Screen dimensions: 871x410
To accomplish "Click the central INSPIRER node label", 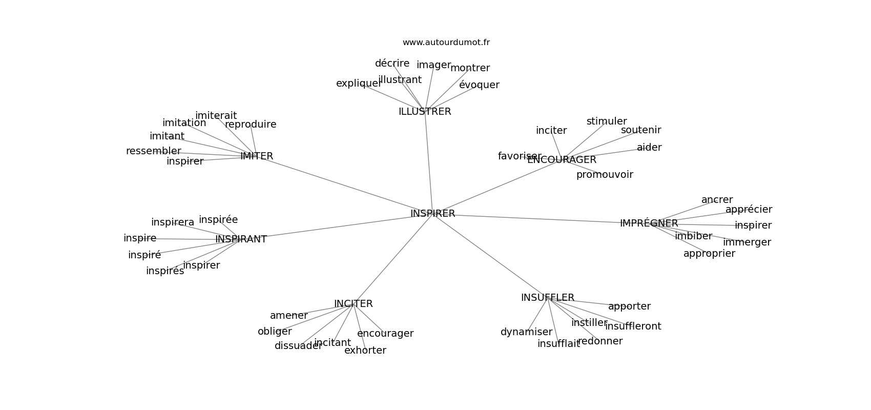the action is (x=432, y=214).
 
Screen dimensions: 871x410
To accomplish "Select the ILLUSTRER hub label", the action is (x=425, y=112).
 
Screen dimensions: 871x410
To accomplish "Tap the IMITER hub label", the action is (x=257, y=156).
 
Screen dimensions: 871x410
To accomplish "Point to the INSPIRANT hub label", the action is (x=241, y=239).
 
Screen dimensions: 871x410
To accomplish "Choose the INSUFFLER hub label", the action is (x=548, y=298).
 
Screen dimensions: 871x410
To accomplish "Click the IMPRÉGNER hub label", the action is (x=649, y=223).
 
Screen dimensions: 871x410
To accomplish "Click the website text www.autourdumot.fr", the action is (x=446, y=43).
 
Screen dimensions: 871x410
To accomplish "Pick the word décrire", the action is (x=392, y=63).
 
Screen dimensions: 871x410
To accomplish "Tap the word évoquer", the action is (x=479, y=85).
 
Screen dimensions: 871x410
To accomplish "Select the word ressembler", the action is (x=154, y=151).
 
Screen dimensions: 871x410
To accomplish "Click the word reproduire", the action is (x=251, y=125).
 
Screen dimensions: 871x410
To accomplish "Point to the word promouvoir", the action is (x=605, y=175).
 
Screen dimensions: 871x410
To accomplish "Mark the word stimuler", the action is (x=607, y=121).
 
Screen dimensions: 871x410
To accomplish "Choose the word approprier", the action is (x=709, y=254).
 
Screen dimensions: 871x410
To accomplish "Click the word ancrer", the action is (x=717, y=200).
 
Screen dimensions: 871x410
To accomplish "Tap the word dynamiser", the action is (x=526, y=332).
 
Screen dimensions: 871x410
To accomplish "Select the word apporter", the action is (x=629, y=306).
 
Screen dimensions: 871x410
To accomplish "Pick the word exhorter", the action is (x=365, y=351).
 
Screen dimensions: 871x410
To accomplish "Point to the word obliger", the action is (x=275, y=332).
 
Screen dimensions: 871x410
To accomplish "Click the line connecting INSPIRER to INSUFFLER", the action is (x=491, y=256).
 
